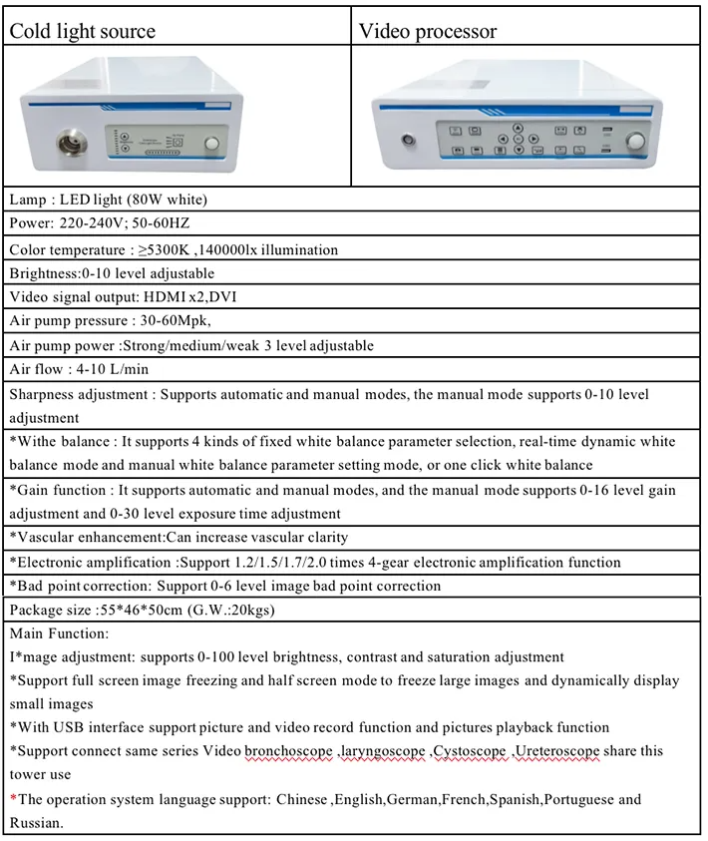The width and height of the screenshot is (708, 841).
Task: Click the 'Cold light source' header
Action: (82, 31)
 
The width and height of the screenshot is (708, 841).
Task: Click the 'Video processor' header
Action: (427, 31)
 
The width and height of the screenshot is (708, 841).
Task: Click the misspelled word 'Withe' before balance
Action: (37, 442)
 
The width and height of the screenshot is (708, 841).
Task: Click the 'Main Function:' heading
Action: (59, 633)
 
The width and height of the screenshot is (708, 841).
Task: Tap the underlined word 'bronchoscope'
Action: (288, 750)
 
